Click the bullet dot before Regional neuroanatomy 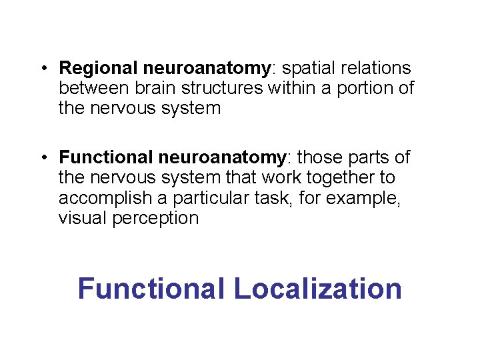coord(43,69)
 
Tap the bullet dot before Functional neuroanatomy coord(43,158)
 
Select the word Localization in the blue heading coord(318,289)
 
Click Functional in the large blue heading coord(151,289)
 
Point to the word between coord(94,88)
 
